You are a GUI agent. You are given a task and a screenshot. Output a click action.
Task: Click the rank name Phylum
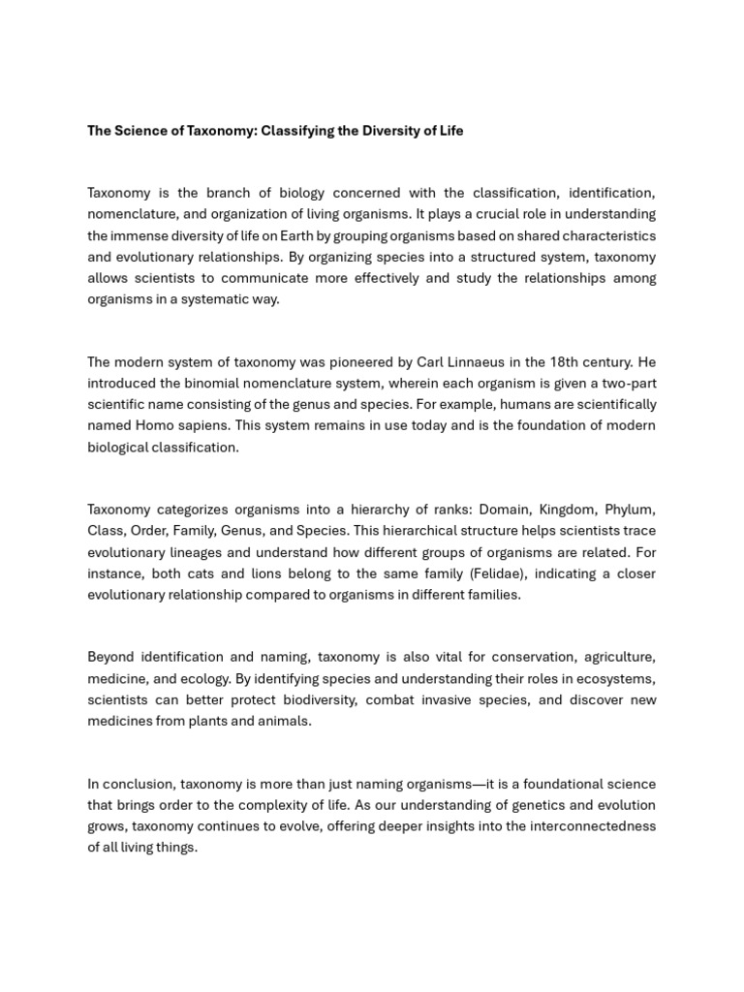pos(630,510)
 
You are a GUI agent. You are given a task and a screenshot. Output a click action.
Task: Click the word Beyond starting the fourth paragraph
pos(112,657)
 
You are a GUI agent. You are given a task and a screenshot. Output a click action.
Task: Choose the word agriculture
pos(616,657)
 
